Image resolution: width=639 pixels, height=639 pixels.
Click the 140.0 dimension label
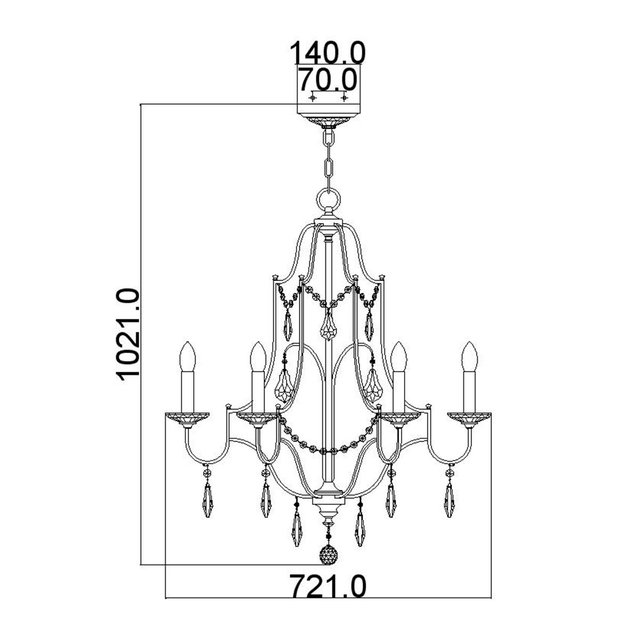327,53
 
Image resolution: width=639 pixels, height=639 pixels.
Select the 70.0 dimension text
326,80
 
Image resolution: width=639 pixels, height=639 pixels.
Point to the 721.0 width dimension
328,587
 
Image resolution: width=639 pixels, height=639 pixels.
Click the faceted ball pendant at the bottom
328,555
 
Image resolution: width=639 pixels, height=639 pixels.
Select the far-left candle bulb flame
188,355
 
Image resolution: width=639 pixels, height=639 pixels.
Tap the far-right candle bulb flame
470,355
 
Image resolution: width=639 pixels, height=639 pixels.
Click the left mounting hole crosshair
313,98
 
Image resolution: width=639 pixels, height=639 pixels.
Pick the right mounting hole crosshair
345,98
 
